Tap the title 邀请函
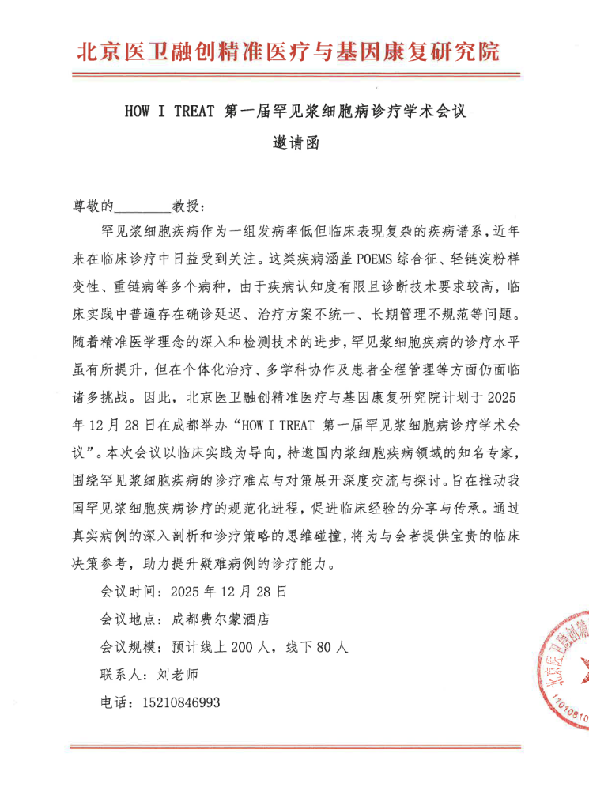pos(295,145)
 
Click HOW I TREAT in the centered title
pos(169,112)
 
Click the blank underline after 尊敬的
pos(143,207)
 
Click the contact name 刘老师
pos(176,674)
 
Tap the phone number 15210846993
pos(181,702)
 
